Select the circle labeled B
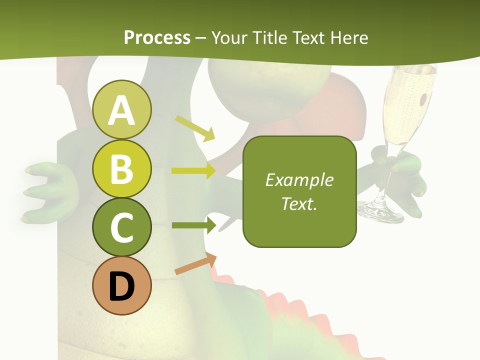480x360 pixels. pos(122,168)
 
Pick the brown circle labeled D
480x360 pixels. pos(122,286)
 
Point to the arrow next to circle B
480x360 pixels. pos(193,171)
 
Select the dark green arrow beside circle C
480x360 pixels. pos(194,225)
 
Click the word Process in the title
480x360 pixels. pos(157,37)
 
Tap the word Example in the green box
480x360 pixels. pos(299,180)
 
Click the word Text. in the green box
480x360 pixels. pos(299,203)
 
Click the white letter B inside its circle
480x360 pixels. pos(122,168)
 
